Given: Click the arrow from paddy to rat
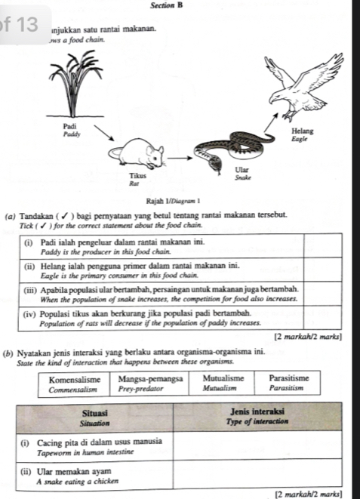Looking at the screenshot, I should [103, 134].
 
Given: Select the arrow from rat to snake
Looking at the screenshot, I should [178, 159].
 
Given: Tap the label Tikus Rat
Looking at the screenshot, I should [136, 178].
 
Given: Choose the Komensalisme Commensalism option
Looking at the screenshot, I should [73, 384].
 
